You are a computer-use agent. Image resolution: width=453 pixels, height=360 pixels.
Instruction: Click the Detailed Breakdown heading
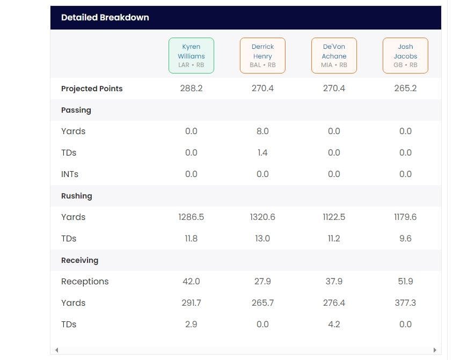[105, 17]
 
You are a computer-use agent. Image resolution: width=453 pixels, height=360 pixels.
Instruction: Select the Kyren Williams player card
[191, 56]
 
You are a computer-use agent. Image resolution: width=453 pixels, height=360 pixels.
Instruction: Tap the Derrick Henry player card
[262, 56]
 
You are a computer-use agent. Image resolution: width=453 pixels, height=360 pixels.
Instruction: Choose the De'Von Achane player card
[334, 56]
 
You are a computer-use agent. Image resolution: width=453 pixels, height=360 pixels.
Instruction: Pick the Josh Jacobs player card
[405, 56]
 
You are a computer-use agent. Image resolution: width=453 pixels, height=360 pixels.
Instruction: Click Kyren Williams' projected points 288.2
[191, 89]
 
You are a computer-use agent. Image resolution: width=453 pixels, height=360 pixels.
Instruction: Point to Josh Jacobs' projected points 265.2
[405, 89]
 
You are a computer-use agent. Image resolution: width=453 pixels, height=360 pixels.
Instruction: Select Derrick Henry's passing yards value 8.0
[262, 131]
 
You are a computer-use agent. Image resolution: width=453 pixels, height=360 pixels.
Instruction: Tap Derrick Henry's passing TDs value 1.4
[262, 153]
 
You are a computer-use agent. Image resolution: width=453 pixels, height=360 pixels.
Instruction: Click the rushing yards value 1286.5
[191, 217]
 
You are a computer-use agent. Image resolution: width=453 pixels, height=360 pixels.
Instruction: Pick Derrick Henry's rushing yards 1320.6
[262, 217]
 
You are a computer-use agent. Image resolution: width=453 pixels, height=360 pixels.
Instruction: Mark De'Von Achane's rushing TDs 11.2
[334, 239]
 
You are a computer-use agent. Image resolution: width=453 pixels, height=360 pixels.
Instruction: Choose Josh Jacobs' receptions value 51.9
[405, 282]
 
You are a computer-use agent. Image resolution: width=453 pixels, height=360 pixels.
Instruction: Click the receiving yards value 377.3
[405, 303]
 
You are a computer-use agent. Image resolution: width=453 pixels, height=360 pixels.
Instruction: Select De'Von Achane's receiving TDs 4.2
[334, 325]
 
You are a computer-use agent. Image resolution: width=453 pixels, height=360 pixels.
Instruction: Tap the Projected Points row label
[92, 89]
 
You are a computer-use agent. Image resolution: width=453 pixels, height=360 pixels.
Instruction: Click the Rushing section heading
[77, 196]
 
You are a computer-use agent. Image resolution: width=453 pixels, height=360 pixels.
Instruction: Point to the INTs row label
[70, 174]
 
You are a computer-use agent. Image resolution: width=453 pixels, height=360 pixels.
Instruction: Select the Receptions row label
[85, 282]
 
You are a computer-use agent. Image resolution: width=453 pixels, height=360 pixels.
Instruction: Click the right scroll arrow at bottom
[435, 350]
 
